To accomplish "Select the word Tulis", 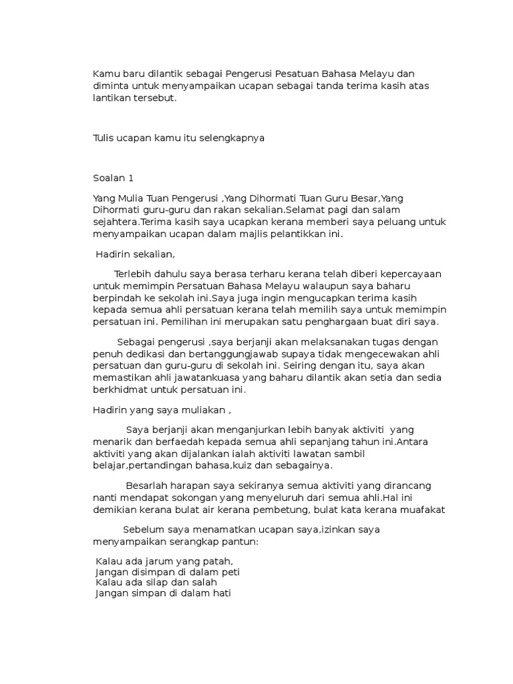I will click(104, 138).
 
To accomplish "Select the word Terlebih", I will click(133, 274).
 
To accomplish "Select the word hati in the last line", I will click(220, 594).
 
